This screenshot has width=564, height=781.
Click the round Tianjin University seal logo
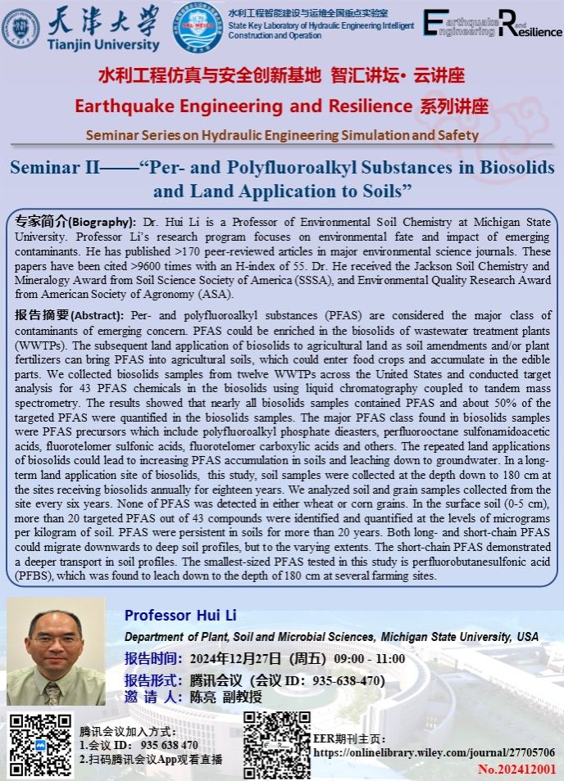20,26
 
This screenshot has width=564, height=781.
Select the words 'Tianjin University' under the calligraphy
103,45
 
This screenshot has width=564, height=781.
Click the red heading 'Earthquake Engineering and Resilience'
243,106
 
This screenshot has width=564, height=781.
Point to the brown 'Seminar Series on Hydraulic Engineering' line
282,135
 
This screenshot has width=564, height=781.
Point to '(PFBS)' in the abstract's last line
35,576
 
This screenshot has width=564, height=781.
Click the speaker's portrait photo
56,652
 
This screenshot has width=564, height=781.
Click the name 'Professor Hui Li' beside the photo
171,616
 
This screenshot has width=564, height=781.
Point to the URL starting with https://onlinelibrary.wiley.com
434,752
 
